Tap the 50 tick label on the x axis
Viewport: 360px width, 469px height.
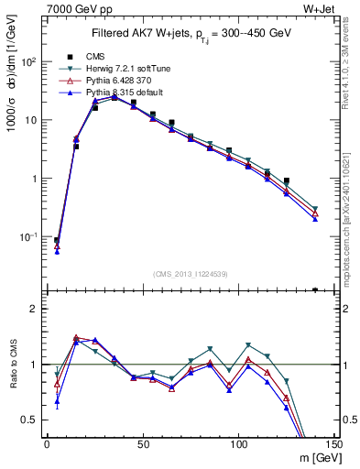142,444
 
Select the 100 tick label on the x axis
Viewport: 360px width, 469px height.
238,444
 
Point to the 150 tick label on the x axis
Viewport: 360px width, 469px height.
333,444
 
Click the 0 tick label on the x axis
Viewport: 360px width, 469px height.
48,444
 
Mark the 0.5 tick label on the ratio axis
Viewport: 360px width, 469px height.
30,420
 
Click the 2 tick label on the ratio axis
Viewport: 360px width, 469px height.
35,309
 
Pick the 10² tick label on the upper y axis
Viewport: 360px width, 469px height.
28,61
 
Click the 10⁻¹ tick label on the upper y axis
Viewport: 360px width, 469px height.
28,236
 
